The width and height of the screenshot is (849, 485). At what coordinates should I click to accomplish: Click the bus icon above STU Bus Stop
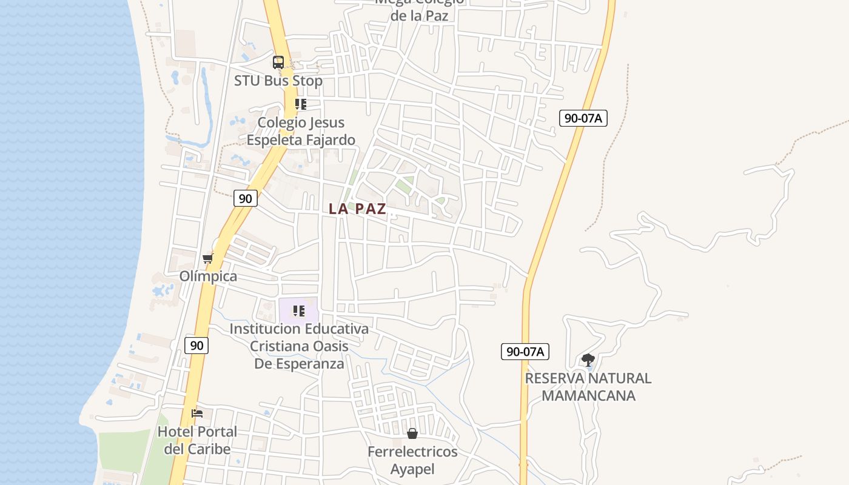click(x=278, y=62)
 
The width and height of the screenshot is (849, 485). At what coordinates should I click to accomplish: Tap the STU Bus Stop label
click(x=278, y=81)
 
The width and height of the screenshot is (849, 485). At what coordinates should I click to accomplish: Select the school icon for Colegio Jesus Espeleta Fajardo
click(x=300, y=104)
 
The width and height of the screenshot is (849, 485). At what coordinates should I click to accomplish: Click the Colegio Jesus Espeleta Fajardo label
click(x=301, y=131)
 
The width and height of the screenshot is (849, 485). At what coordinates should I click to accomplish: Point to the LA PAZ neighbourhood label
click(x=357, y=209)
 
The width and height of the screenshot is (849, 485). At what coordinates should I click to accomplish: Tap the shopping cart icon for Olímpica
click(x=208, y=259)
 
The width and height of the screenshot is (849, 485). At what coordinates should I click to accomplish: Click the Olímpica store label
click(x=208, y=276)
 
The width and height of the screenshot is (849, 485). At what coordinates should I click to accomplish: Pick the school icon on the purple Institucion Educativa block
click(x=298, y=311)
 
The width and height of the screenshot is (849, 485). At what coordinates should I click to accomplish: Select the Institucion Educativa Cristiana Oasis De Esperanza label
click(x=299, y=346)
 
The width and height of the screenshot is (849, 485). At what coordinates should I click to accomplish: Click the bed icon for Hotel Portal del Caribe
click(x=197, y=413)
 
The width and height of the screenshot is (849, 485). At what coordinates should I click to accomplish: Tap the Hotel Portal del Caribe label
click(x=197, y=441)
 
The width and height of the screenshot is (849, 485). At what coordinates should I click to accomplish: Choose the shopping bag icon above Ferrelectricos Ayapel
click(x=412, y=433)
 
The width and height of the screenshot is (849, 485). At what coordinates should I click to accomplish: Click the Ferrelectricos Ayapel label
click(x=412, y=460)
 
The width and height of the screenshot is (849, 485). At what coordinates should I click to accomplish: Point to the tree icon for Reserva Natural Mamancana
click(x=588, y=360)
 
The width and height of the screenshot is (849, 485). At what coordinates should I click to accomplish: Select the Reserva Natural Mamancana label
click(x=588, y=387)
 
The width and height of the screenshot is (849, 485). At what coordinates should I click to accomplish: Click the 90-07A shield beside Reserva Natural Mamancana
click(x=525, y=351)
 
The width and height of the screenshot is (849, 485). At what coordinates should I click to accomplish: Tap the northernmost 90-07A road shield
click(x=583, y=118)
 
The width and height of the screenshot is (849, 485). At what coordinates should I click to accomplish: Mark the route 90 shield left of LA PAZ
click(x=245, y=198)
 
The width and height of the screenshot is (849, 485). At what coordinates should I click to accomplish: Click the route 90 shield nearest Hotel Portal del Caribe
click(x=196, y=346)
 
